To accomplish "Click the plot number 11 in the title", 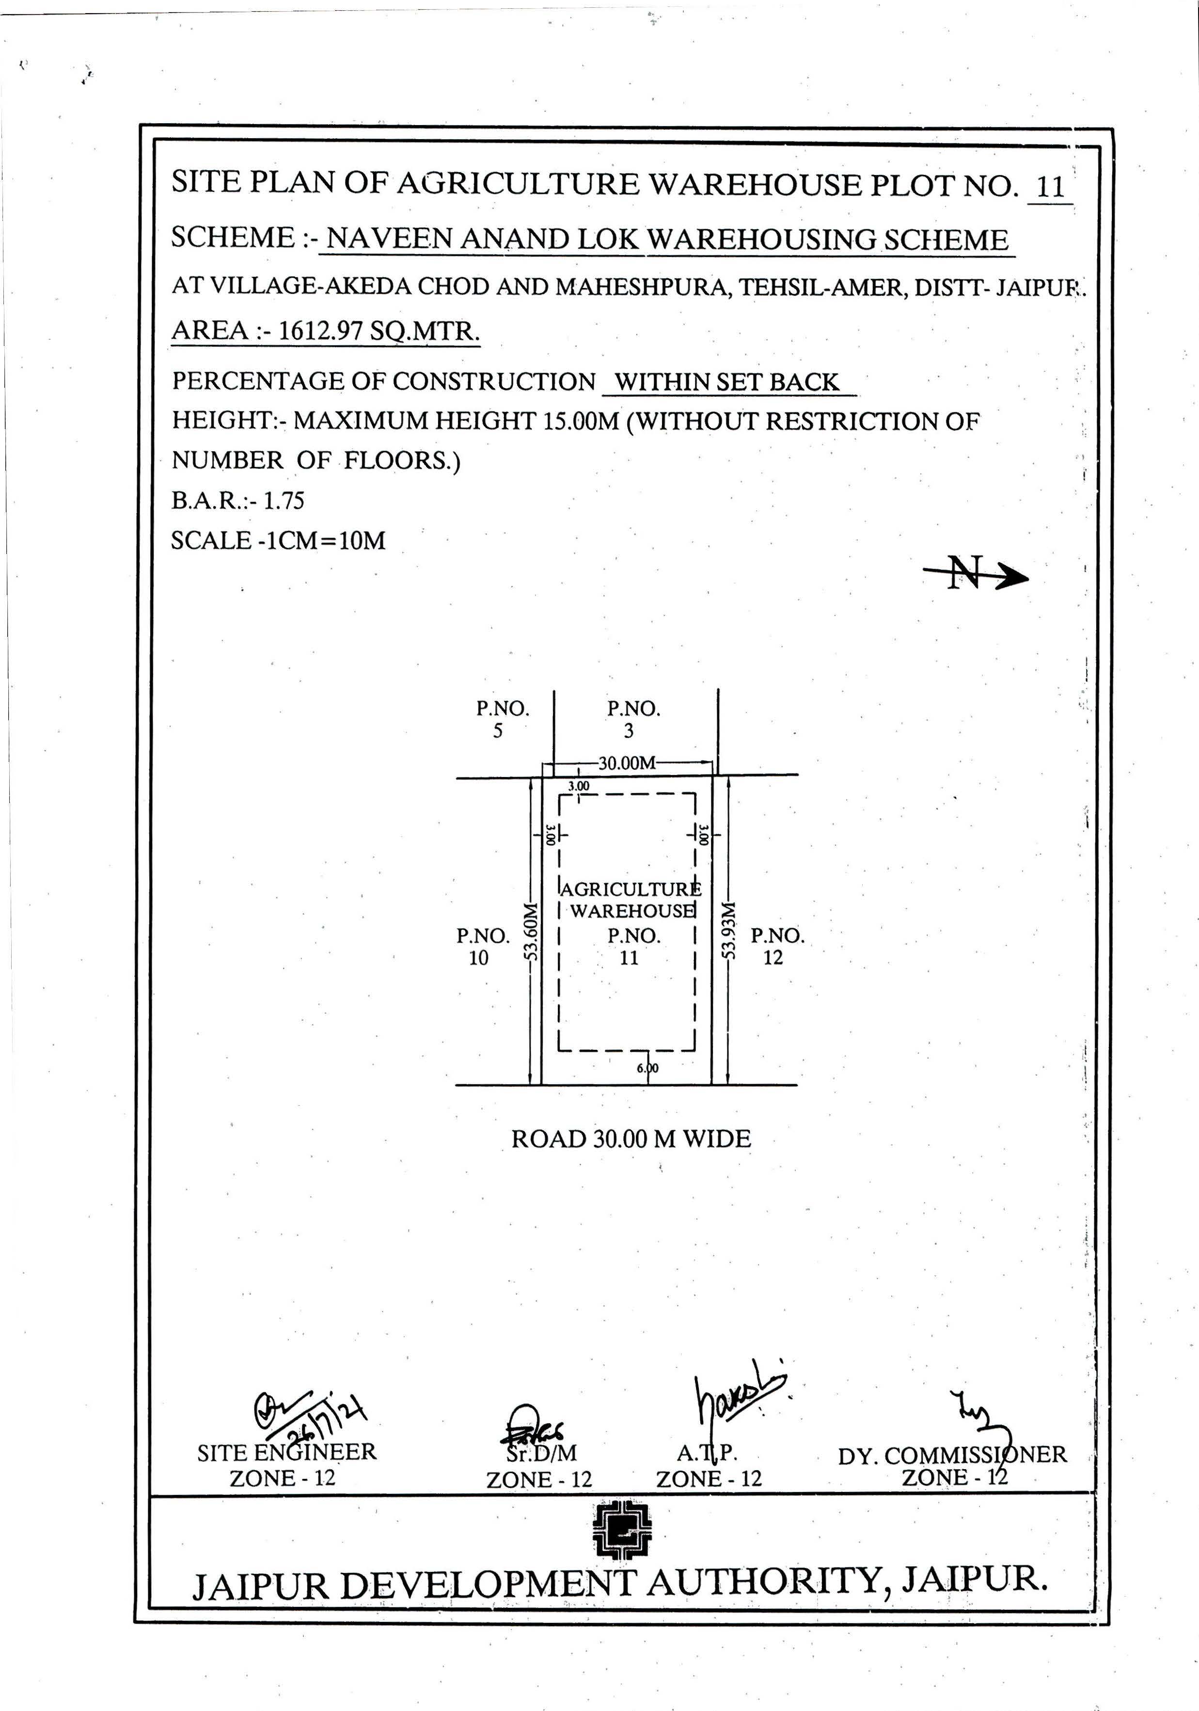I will point(1049,186).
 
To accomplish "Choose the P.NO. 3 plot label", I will point(633,719).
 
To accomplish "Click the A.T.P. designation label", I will point(707,1453).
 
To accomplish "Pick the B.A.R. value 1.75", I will point(284,500).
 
